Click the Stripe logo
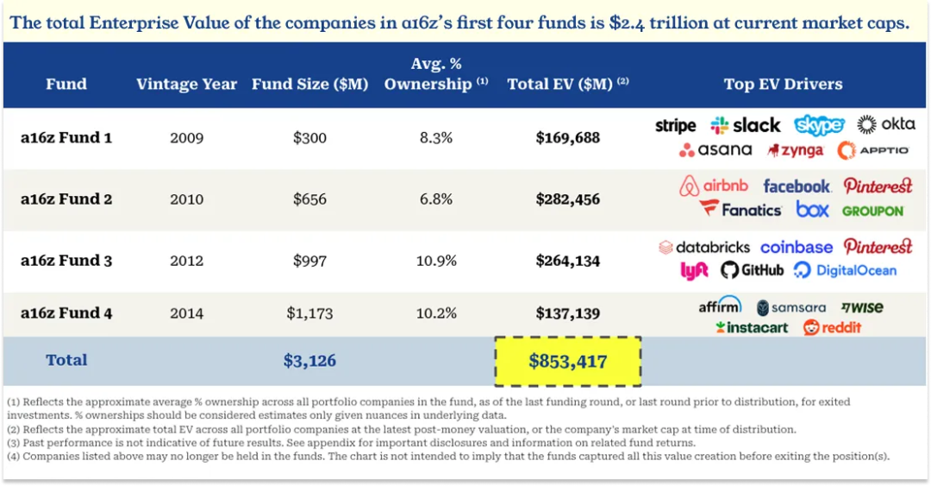pos(675,126)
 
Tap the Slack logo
pos(746,126)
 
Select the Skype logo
pos(819,125)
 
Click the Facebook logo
pos(797,186)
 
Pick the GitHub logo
pos(753,270)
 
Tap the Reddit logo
pos(833,328)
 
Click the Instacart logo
pos(752,328)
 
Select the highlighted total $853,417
pos(568,361)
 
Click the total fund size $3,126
pos(309,361)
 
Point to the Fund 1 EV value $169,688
pos(568,137)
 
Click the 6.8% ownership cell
pos(434,199)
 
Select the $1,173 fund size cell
pos(309,313)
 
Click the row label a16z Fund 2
pos(66,199)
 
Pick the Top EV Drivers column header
pos(783,85)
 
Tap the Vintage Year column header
pos(186,85)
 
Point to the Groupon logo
pos(872,211)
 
